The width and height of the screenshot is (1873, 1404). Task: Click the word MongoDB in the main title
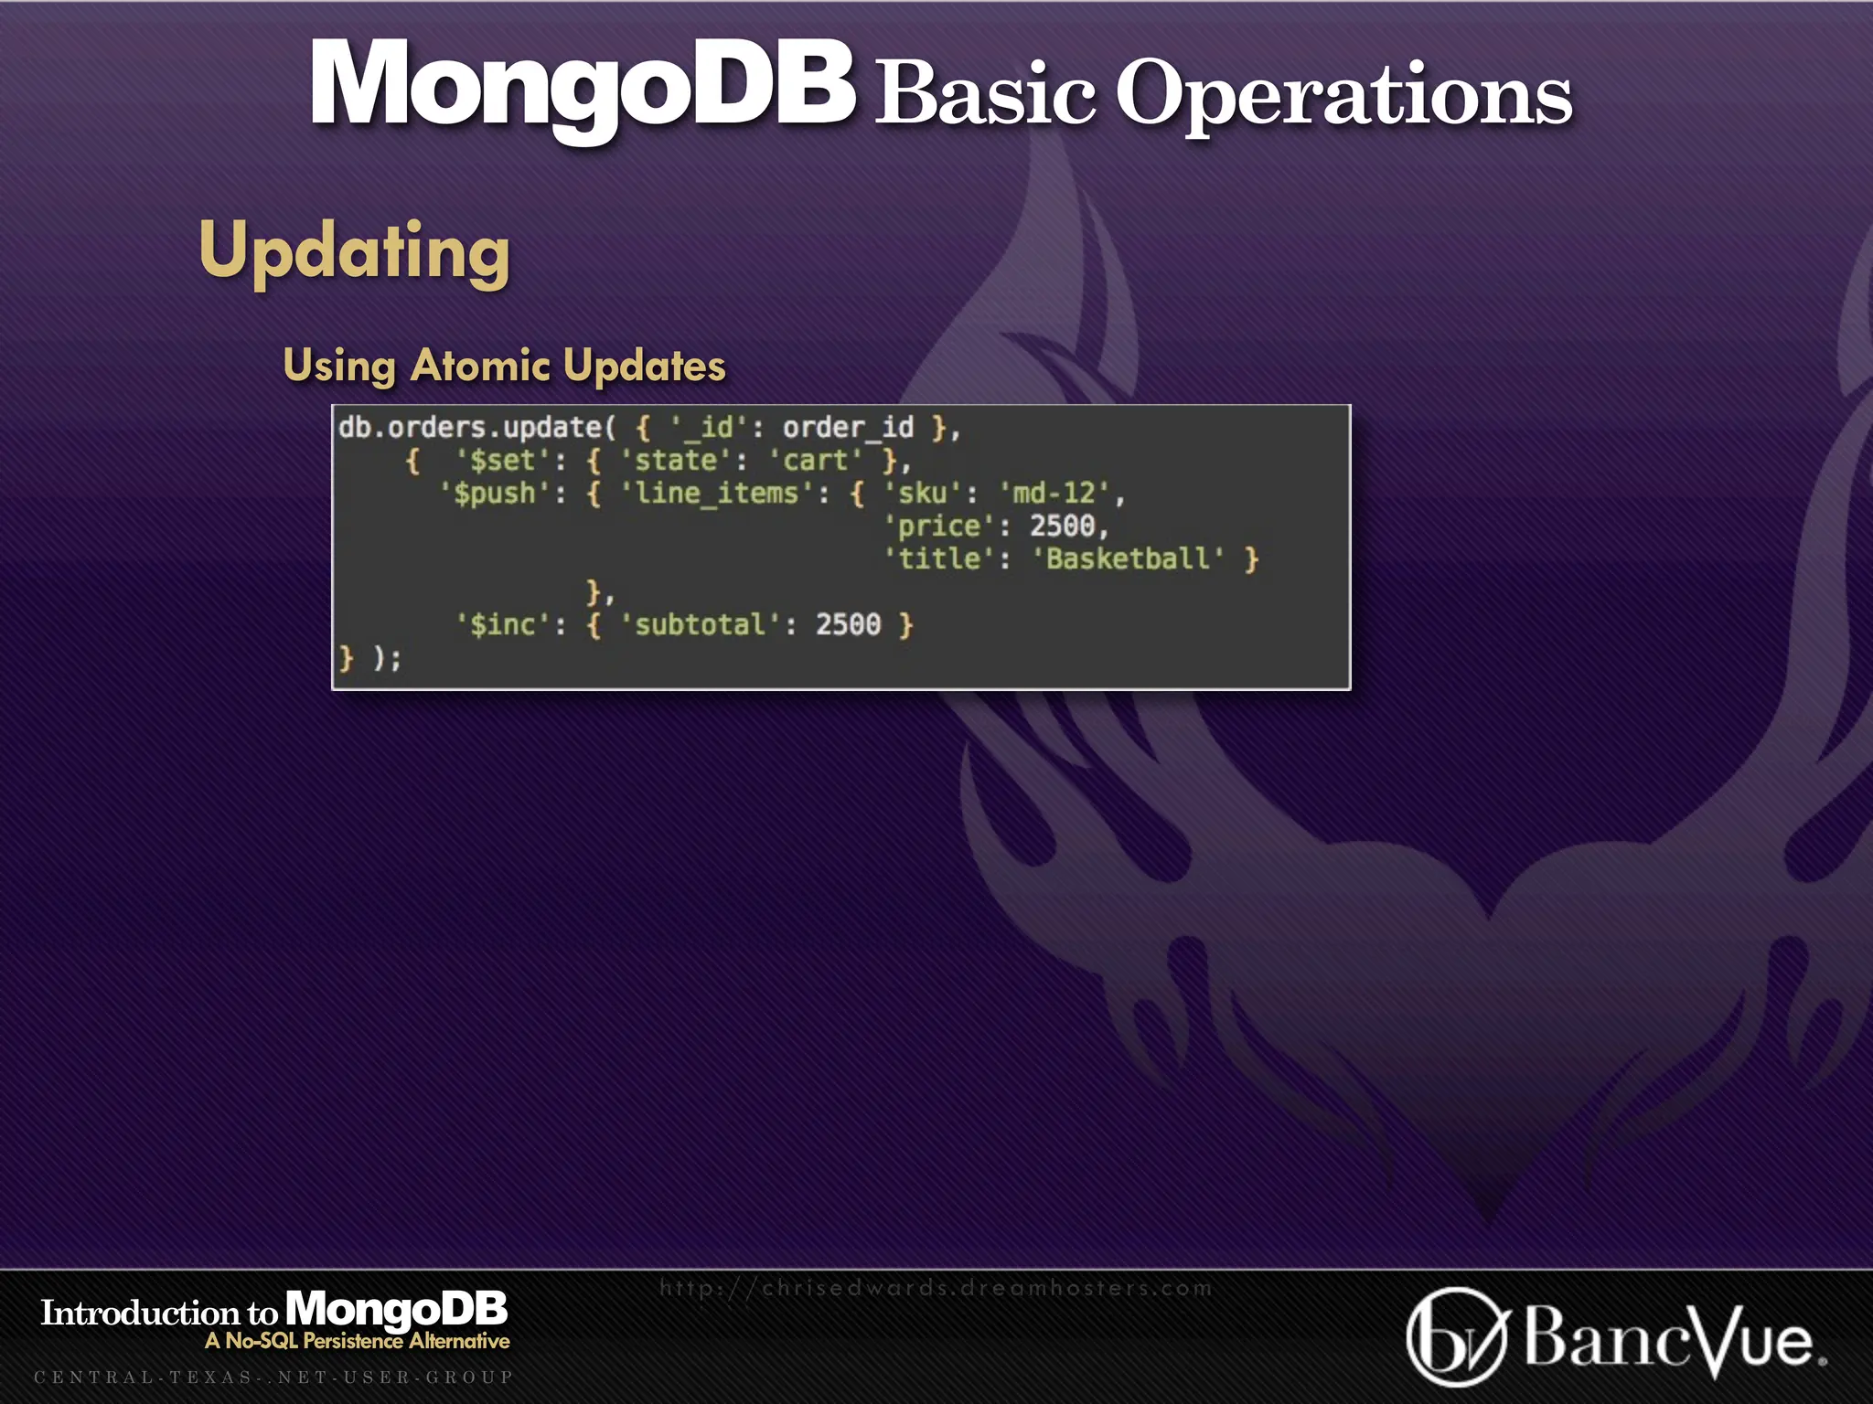tap(583, 84)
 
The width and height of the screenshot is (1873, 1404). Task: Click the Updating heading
tap(354, 250)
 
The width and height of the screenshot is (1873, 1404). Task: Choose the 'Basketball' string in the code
tap(1127, 559)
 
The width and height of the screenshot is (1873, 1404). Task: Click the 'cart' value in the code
tap(816, 461)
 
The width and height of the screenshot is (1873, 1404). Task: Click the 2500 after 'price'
tap(1063, 526)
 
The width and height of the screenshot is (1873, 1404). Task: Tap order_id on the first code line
tap(848, 428)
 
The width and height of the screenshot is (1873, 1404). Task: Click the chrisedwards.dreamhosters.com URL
tap(936, 1288)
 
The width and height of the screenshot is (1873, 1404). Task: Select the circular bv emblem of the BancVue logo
tap(1456, 1337)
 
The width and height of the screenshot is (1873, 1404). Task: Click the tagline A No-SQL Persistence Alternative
tap(358, 1341)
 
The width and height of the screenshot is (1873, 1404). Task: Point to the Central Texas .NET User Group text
tap(273, 1377)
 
